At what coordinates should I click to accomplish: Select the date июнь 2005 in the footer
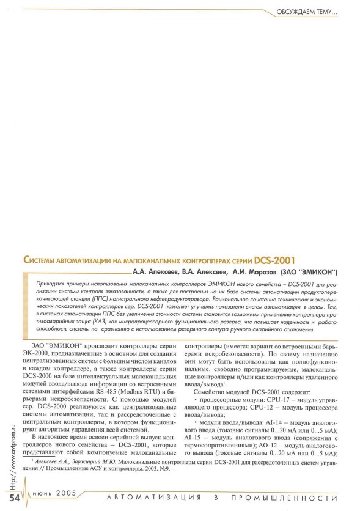coord(55,498)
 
